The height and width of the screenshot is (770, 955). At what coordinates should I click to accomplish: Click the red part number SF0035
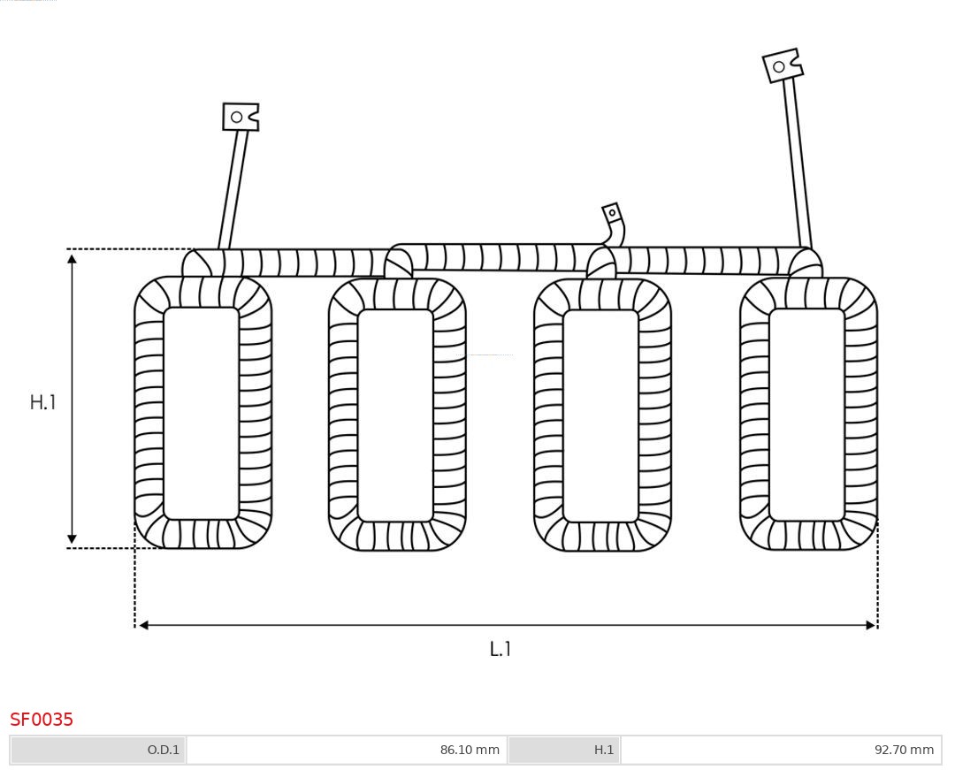[42, 720]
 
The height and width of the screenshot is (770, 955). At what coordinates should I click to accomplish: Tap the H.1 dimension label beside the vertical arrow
[42, 402]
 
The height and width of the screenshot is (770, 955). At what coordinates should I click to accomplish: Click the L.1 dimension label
[500, 649]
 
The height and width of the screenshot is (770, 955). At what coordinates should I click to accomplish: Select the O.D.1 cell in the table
[98, 750]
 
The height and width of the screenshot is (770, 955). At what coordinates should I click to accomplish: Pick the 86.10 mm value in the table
[347, 750]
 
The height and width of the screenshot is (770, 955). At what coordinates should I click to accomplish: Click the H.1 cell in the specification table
[564, 750]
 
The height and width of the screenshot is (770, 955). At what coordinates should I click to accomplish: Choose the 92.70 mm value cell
[781, 750]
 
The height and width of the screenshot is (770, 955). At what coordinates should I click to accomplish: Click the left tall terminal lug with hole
[240, 117]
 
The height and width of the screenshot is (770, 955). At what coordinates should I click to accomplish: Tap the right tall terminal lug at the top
[782, 66]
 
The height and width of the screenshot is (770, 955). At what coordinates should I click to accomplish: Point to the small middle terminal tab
[612, 213]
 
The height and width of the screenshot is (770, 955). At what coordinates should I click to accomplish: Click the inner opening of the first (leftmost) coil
[202, 413]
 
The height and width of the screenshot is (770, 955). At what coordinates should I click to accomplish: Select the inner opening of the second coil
[395, 415]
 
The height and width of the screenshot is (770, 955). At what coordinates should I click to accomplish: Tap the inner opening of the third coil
[600, 415]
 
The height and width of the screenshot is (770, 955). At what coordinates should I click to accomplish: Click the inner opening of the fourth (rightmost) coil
[806, 414]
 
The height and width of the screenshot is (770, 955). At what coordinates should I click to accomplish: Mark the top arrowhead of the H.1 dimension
[72, 258]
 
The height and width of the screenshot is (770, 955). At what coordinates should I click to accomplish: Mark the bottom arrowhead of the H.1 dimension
[72, 538]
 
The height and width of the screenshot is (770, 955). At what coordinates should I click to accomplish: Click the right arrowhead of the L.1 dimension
[870, 625]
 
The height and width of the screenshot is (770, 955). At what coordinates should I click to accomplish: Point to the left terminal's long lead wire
[233, 189]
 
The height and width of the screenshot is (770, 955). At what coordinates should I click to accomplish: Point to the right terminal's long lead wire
[797, 164]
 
